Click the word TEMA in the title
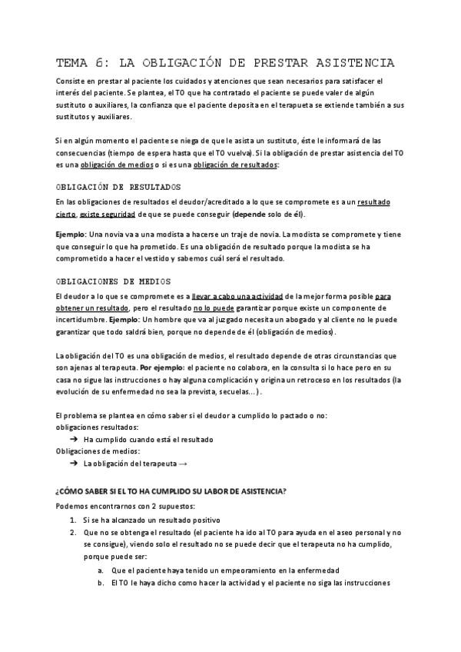75,63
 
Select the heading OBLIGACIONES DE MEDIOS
114,281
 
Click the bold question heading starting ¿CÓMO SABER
176,491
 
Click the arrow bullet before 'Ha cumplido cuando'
74,439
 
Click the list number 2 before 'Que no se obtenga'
71,532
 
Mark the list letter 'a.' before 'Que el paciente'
101,570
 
